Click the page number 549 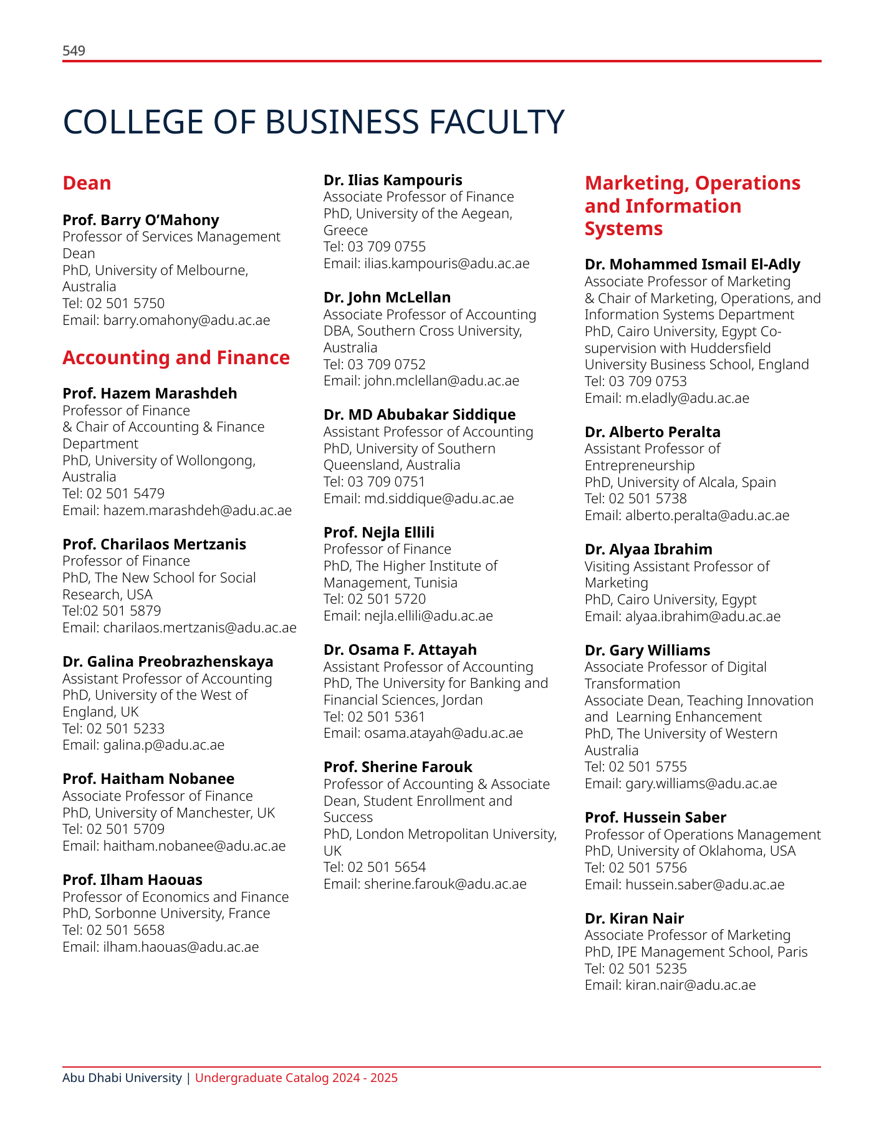tap(74, 51)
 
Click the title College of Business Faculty tap(314, 122)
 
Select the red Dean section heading tap(87, 183)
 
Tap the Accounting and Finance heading tap(176, 357)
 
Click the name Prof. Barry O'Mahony tap(141, 220)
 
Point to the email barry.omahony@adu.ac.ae tap(186, 321)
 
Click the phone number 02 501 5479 tap(125, 494)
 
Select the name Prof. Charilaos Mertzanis tap(154, 544)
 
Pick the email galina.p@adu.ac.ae tap(163, 745)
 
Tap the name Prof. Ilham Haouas tap(132, 880)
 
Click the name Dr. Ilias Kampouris tap(393, 180)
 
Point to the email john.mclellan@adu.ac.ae tap(441, 381)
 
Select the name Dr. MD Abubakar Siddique tap(420, 415)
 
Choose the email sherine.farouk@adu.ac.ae tap(445, 884)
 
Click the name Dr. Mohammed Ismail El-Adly tap(692, 264)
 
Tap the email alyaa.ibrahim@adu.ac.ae tap(703, 617)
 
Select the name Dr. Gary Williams tap(647, 650)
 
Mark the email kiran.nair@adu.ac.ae tap(690, 985)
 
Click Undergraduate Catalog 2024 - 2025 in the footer tap(296, 1078)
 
